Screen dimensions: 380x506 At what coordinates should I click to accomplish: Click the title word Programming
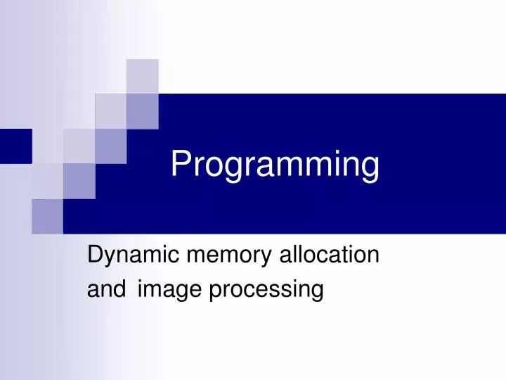pyautogui.click(x=275, y=165)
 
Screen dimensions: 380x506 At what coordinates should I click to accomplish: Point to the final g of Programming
pyautogui.click(x=370, y=170)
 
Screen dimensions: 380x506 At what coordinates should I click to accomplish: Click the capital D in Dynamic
pyautogui.click(x=93, y=255)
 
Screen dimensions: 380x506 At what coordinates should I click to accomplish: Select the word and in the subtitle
pyautogui.click(x=103, y=289)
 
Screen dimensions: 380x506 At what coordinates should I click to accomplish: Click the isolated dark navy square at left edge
pyautogui.click(x=15, y=146)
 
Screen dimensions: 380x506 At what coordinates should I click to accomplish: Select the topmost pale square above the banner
pyautogui.click(x=142, y=76)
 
